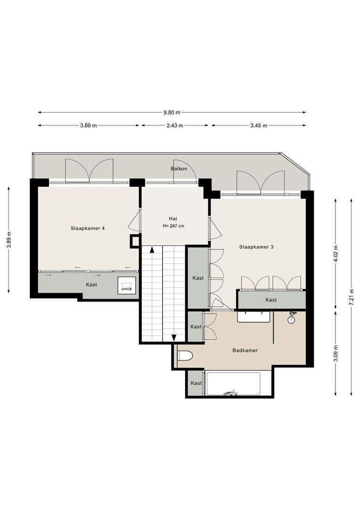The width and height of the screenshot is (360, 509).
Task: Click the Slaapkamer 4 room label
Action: [x=88, y=228]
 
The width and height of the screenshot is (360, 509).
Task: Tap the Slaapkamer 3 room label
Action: [x=256, y=246]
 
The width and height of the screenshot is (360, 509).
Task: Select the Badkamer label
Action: [x=245, y=350]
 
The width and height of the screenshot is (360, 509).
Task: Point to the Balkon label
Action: [x=179, y=168]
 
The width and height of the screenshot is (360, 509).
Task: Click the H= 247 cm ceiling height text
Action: [x=173, y=226]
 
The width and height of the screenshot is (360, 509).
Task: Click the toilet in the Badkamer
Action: [x=185, y=356]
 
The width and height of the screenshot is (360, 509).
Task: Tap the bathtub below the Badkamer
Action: [x=233, y=384]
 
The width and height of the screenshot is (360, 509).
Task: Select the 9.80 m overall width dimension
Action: [x=172, y=113]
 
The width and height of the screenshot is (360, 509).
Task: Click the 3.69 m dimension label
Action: [x=88, y=126]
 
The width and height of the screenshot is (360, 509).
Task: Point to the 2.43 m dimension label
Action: [x=175, y=126]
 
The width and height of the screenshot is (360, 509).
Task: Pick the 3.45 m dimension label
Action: [x=258, y=126]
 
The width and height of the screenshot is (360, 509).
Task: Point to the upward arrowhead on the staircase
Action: [x=152, y=249]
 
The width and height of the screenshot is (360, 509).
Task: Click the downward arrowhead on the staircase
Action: [x=174, y=338]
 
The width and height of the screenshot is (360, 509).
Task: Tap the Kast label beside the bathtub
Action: [x=196, y=383]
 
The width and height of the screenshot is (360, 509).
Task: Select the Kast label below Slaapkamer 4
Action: [x=91, y=285]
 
